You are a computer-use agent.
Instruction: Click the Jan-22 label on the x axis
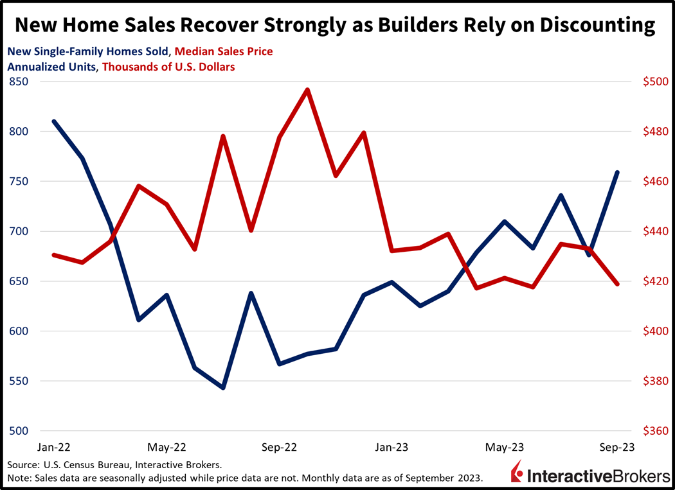(x=54, y=447)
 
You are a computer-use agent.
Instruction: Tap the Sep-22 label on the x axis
(x=280, y=447)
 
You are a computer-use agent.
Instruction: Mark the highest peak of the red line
(x=308, y=90)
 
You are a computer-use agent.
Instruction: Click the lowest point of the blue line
(x=223, y=388)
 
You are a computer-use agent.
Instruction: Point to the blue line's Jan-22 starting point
(x=54, y=121)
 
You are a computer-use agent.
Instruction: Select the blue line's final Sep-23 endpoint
(x=618, y=172)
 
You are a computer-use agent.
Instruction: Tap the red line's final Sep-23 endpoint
(x=618, y=283)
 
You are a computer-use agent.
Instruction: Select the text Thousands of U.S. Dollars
(x=168, y=66)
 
